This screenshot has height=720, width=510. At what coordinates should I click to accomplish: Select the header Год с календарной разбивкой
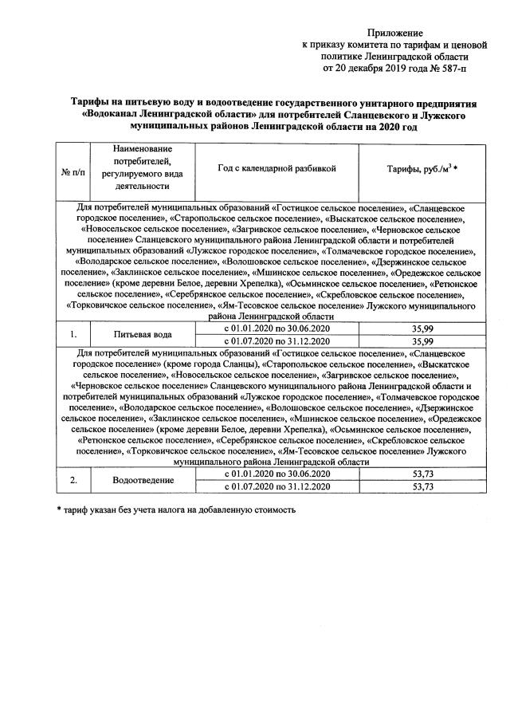(277, 169)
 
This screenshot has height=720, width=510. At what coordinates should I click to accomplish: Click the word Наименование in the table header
(143, 150)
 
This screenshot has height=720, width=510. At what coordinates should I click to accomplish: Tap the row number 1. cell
(73, 334)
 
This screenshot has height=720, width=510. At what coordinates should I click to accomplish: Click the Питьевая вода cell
(143, 334)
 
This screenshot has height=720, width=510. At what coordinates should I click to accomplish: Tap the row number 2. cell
(73, 481)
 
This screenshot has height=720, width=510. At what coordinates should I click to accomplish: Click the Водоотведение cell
(143, 481)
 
